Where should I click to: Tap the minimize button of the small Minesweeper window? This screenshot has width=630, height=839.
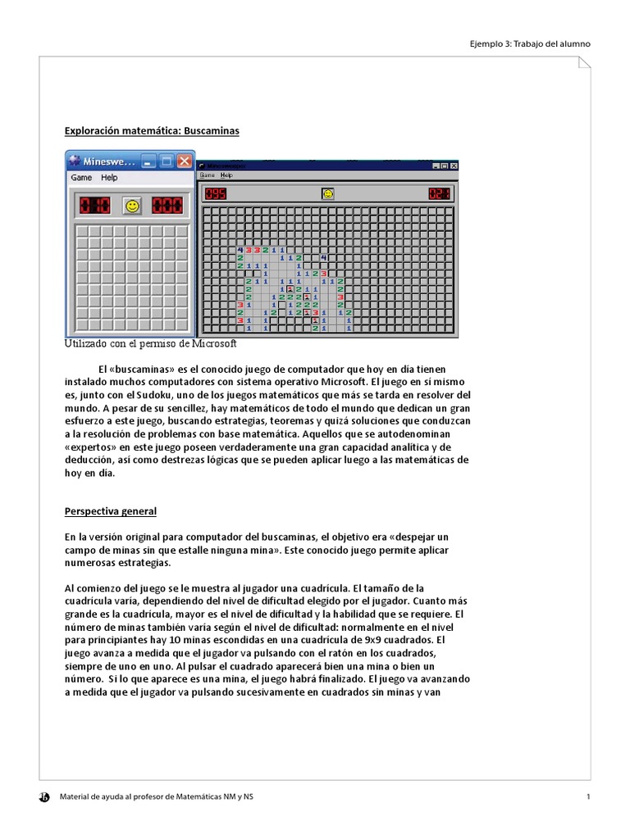coord(148,161)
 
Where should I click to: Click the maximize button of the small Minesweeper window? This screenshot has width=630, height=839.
coord(167,161)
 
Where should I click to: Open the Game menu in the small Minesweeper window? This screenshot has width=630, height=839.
coord(81,178)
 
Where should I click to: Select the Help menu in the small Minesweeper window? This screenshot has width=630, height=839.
coord(109,178)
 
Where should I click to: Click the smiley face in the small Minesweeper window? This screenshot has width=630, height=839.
coord(131,206)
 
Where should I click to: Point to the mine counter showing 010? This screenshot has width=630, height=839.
coord(94,206)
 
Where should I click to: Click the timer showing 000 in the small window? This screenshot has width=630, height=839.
coord(167,206)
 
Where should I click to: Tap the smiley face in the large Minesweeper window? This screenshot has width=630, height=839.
coord(328,194)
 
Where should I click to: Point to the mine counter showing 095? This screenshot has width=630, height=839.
coord(216,194)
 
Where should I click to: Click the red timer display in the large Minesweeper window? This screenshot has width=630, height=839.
coord(440,194)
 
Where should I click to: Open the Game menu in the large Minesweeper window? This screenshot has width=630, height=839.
coord(207,175)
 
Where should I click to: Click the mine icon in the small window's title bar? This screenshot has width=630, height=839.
coord(75,161)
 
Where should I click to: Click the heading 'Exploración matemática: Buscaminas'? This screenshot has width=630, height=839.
coord(153,131)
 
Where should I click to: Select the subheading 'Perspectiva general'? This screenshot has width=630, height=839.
coord(111,511)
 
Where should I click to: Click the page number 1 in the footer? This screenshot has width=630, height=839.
coord(588,796)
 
